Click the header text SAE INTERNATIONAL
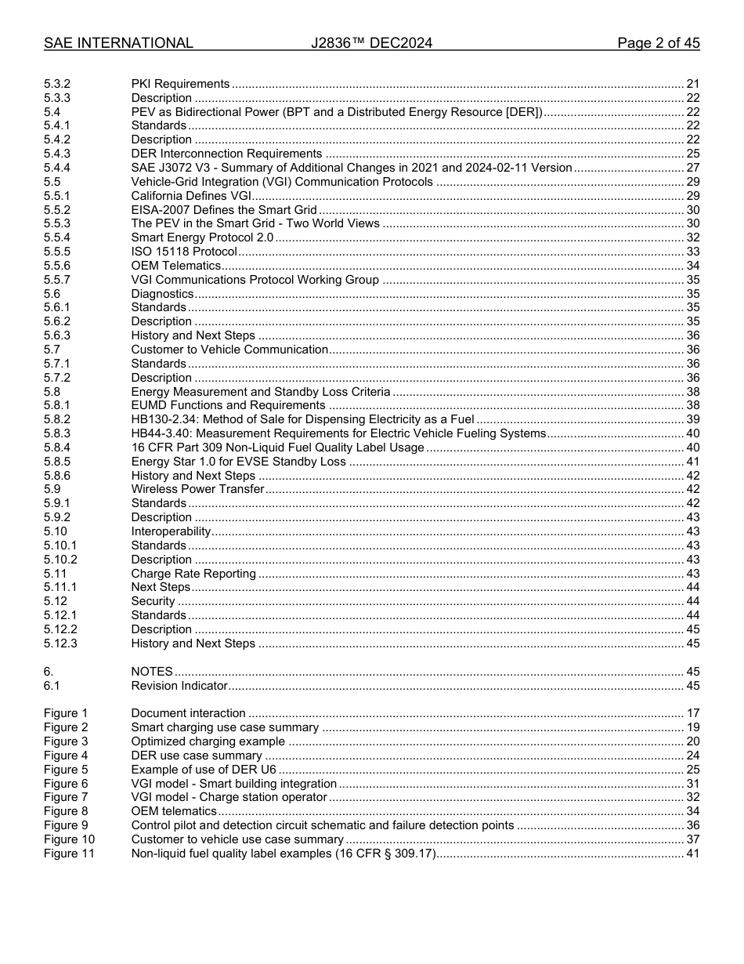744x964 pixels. point(118,43)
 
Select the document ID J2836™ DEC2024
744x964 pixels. point(371,43)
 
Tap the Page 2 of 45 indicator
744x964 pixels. point(658,43)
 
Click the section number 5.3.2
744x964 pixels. point(57,84)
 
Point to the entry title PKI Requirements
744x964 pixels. point(180,84)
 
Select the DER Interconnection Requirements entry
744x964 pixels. point(226,154)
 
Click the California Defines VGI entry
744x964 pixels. point(191,196)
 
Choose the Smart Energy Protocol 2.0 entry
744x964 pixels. point(202,237)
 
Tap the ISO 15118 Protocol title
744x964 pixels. point(184,252)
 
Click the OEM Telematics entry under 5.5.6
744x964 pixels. point(176,266)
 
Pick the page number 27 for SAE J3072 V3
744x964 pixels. point(692,168)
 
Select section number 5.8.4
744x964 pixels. point(57,448)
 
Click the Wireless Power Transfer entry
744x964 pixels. point(197,490)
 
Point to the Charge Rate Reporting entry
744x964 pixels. point(193,574)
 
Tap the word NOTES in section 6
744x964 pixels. point(152,672)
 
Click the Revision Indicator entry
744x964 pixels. point(179,686)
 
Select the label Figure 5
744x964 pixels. point(66,770)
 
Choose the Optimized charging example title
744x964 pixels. point(208,741)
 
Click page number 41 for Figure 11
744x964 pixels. point(692,853)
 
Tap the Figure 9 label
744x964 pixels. point(66,825)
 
